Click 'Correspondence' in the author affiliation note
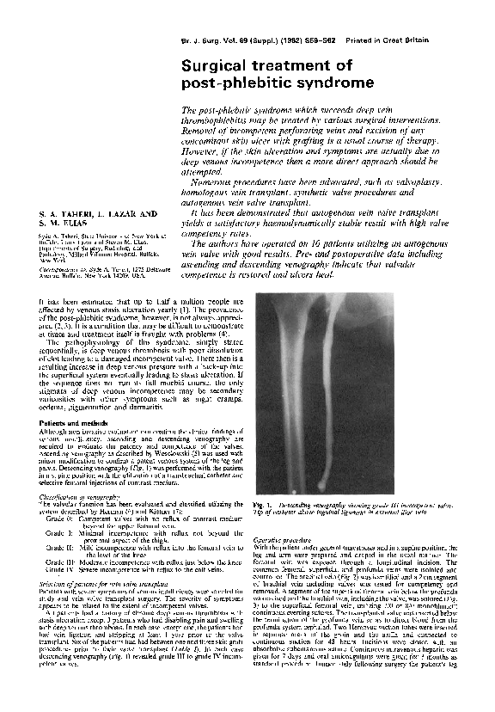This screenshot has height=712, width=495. [x=59, y=266]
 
